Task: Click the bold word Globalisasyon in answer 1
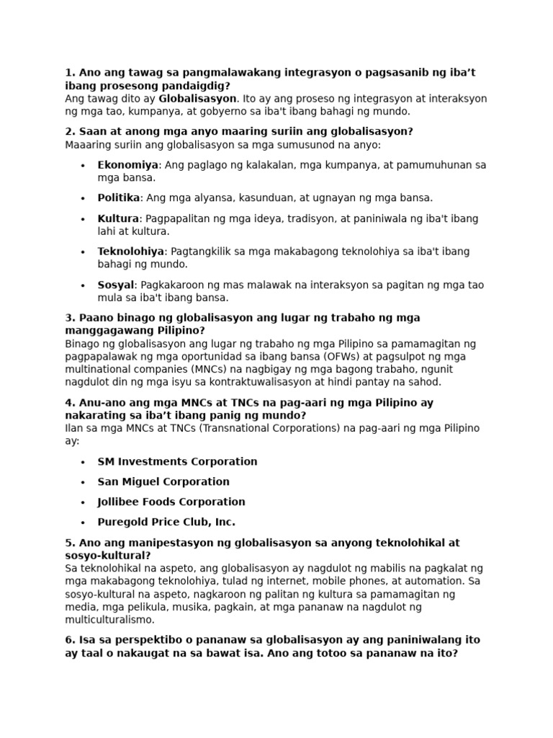click(x=197, y=98)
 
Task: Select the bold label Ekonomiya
click(x=127, y=165)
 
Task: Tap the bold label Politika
click(x=118, y=197)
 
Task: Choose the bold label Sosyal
click(x=116, y=285)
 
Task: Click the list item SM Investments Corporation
click(x=177, y=461)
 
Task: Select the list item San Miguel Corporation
click(x=163, y=481)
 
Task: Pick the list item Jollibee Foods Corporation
click(x=171, y=502)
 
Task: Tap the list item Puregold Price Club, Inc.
click(x=166, y=522)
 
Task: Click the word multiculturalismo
click(x=109, y=619)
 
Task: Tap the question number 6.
click(x=70, y=640)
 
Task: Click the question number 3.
click(x=70, y=318)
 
